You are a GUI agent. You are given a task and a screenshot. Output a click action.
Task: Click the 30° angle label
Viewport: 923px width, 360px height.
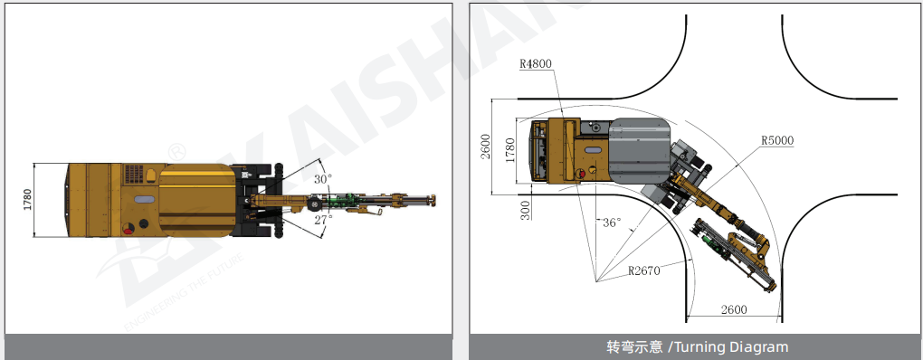click(x=322, y=179)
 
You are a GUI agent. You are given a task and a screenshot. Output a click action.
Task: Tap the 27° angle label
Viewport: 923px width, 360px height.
click(x=322, y=219)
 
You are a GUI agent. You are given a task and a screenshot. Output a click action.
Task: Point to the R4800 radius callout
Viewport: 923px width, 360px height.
click(x=536, y=64)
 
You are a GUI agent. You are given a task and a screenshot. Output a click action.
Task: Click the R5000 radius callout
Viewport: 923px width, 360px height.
click(x=777, y=140)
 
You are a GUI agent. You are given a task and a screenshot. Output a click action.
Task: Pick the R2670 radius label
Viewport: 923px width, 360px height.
click(x=644, y=270)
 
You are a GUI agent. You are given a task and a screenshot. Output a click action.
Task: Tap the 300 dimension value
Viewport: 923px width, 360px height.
click(x=525, y=210)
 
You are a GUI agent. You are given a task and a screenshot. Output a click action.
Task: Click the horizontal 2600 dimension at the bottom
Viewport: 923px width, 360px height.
click(x=734, y=309)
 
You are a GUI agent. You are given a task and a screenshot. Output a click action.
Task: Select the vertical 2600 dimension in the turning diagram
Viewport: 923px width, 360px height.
click(x=485, y=147)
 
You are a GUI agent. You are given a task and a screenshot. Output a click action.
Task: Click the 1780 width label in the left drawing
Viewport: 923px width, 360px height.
click(x=28, y=201)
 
